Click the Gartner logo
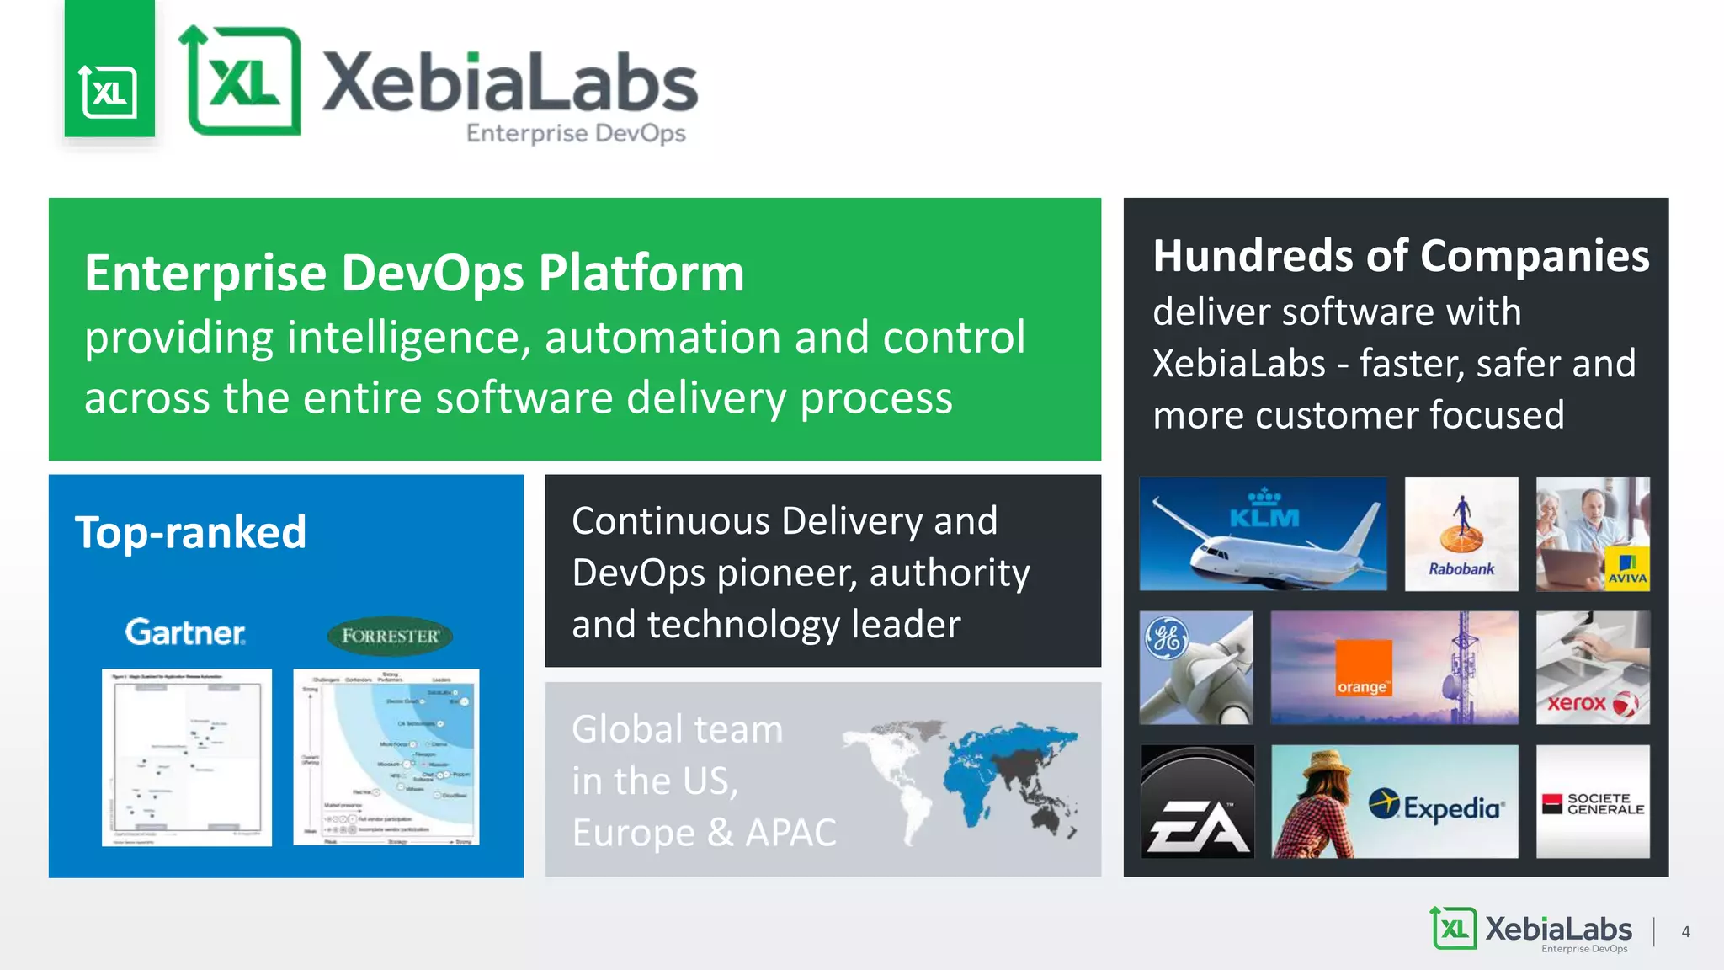[x=185, y=632]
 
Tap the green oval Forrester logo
[x=390, y=637]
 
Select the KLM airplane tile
[x=1263, y=534]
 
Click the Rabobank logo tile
[x=1461, y=534]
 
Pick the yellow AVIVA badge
[x=1626, y=570]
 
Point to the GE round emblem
[x=1167, y=638]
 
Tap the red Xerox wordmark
[x=1577, y=703]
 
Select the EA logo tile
[x=1197, y=802]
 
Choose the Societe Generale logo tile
[x=1593, y=802]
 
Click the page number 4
[x=1685, y=932]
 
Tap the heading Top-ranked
[x=191, y=532]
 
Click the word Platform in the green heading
[x=641, y=274]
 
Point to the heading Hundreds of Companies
[x=1401, y=256]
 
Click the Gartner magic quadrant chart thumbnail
[x=187, y=757]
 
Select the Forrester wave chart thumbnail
[x=386, y=757]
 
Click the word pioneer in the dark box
[x=786, y=573]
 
